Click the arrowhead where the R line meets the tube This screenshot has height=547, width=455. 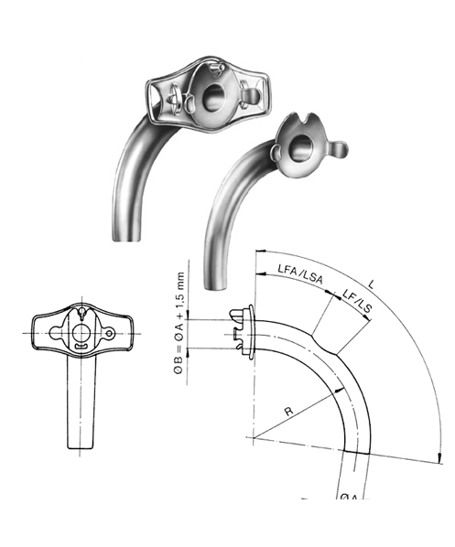click(345, 388)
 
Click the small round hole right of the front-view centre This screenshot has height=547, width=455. click(109, 336)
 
